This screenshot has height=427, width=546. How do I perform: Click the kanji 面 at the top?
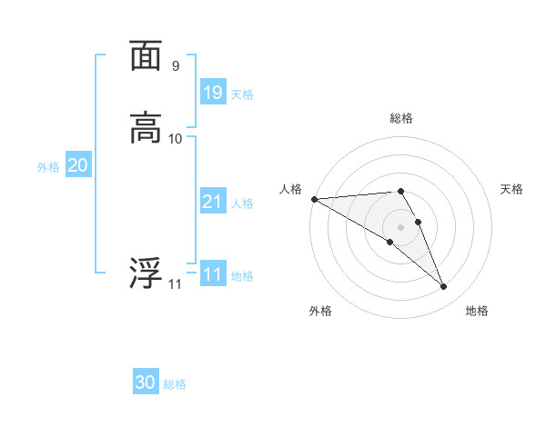click(146, 56)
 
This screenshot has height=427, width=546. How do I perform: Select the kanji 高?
click(146, 127)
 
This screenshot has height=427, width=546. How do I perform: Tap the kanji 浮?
click(146, 273)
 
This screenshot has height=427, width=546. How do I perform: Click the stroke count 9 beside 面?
click(176, 65)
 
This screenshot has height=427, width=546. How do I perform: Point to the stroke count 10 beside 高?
click(176, 138)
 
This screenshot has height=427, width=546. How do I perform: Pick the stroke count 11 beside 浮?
click(175, 284)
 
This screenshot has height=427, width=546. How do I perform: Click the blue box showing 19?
click(213, 93)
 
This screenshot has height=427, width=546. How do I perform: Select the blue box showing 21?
click(213, 202)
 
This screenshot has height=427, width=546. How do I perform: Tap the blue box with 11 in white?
click(213, 274)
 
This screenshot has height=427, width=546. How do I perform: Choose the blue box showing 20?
click(78, 165)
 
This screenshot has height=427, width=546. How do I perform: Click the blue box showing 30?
click(146, 383)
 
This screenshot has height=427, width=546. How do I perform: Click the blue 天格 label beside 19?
click(242, 94)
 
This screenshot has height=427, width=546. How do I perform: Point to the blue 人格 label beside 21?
click(242, 204)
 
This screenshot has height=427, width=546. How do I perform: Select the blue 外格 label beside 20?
click(48, 167)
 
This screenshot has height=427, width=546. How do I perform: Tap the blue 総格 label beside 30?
click(175, 385)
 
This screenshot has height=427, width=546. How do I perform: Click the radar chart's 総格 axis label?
click(401, 118)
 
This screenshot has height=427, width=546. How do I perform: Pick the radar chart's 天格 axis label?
click(512, 189)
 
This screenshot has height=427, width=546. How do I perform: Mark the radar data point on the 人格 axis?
click(314, 199)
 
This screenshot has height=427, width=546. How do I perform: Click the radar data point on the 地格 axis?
click(444, 287)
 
